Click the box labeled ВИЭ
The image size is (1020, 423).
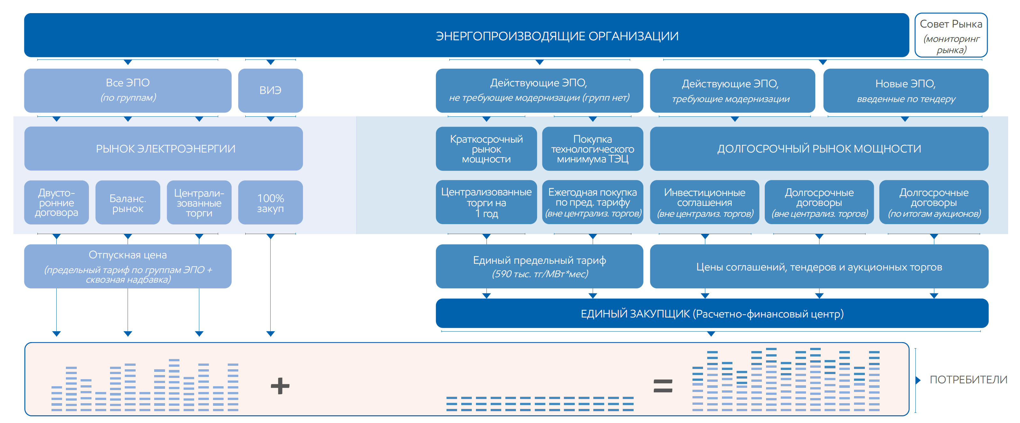coord(271,90)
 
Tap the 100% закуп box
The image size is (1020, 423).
coord(271,203)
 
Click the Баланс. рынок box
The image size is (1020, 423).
coord(128,203)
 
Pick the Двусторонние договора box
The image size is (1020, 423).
coord(56,203)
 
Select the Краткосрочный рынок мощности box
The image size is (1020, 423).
coord(486,149)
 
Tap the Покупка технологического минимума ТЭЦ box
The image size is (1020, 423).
coord(592,149)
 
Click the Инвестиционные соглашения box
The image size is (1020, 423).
coord(704,203)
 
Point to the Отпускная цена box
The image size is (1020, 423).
coord(128,266)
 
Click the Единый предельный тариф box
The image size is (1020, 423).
coord(539,266)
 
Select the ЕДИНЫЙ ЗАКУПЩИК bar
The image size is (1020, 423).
coord(712,313)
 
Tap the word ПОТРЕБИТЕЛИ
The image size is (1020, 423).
coord(968,380)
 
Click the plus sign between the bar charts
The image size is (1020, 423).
coord(280,386)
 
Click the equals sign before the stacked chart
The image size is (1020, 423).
coord(662,386)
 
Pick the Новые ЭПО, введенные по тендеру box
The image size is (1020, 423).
coord(905,90)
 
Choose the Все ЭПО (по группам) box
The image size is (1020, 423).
coord(128,90)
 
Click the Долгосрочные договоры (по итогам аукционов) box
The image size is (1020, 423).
coord(934,203)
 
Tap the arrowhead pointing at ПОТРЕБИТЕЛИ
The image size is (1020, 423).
coord(918,380)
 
